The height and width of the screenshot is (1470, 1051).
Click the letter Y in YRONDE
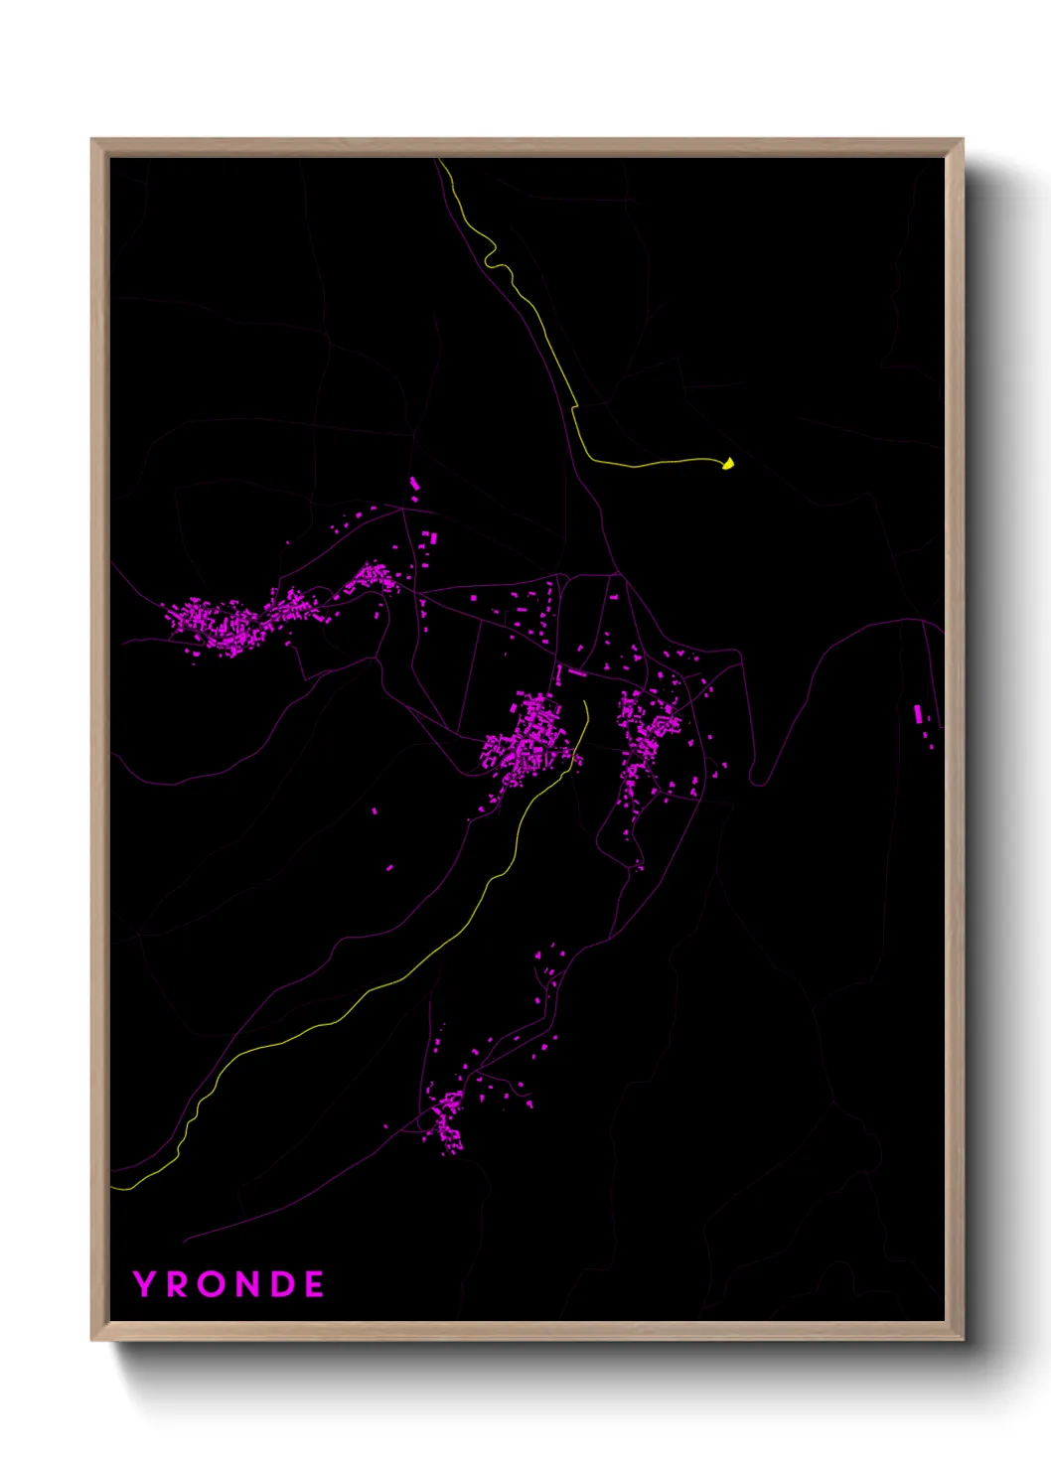point(145,1284)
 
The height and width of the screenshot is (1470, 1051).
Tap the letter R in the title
point(179,1284)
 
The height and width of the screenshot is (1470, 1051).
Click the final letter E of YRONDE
point(314,1284)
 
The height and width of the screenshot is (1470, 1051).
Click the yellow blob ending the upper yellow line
point(728,463)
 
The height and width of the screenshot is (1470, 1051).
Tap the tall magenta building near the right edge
point(918,713)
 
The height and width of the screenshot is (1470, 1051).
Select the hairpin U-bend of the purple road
point(758,781)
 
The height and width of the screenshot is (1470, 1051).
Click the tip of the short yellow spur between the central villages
point(585,702)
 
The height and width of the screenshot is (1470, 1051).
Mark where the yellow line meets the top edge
point(440,160)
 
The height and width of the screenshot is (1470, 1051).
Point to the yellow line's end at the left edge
point(112,1186)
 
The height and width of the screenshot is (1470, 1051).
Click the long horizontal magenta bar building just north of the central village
point(577,672)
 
